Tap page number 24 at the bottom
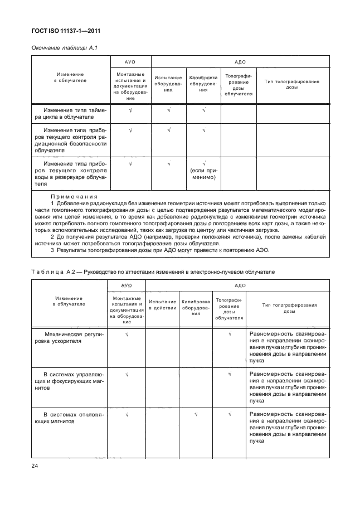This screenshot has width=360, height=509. coord(34,464)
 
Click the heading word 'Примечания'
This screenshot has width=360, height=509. coord(74,197)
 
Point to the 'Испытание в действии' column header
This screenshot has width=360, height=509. coord(162,305)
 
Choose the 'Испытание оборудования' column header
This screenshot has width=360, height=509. coord(168,84)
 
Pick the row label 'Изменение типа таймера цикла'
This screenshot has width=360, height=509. coord(70,114)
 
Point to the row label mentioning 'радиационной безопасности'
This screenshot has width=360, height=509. coord(70,140)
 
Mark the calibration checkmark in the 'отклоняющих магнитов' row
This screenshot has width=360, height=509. coord(196,414)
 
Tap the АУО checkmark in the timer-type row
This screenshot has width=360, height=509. coord(130,110)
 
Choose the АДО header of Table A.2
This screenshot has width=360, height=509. coord(240,285)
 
